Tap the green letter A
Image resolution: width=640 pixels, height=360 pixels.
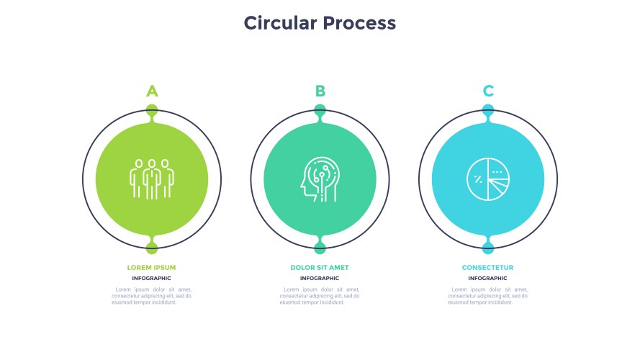[x=152, y=91]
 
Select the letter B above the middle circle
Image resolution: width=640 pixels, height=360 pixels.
[x=320, y=91]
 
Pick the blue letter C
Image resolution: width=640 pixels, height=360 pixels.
[x=488, y=91]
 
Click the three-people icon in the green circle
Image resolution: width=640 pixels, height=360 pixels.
[x=152, y=179]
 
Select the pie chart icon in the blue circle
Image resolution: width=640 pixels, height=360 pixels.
[x=488, y=179]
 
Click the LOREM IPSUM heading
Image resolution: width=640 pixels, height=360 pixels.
[x=151, y=268]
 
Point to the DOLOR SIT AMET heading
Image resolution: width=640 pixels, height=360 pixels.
[x=320, y=268]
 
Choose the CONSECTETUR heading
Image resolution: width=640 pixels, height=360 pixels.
[x=488, y=268]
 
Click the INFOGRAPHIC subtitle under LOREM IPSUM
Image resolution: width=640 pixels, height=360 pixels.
[x=151, y=278]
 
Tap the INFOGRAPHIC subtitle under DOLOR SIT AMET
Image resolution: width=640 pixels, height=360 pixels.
[x=320, y=278]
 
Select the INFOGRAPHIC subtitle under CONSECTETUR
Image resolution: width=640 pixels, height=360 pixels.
[x=488, y=278]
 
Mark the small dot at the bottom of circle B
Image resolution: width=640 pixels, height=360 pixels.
[x=320, y=248]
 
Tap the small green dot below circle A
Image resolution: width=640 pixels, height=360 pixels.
[x=152, y=248]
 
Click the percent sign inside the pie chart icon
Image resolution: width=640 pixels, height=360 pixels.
[x=478, y=179]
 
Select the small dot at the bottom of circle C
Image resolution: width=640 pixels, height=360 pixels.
[x=488, y=248]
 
